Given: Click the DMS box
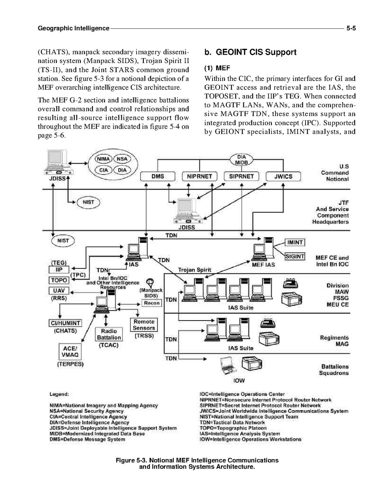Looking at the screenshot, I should (158, 177).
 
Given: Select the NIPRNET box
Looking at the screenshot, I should (200, 177).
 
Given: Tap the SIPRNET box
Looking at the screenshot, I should (241, 177).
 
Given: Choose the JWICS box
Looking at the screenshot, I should (283, 177).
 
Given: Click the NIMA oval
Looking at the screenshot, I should (103, 159).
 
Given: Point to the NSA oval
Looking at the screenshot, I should (122, 159).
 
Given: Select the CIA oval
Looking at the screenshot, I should (103, 170).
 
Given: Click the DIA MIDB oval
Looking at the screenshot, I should (241, 160).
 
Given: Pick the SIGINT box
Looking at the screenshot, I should (295, 256).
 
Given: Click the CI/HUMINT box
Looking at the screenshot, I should (65, 323).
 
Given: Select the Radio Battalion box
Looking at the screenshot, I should (109, 334).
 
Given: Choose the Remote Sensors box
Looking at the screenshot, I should (144, 325).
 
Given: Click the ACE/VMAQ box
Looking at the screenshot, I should (69, 351).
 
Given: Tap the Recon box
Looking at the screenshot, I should (152, 303).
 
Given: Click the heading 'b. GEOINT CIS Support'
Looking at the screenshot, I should (250, 53).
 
